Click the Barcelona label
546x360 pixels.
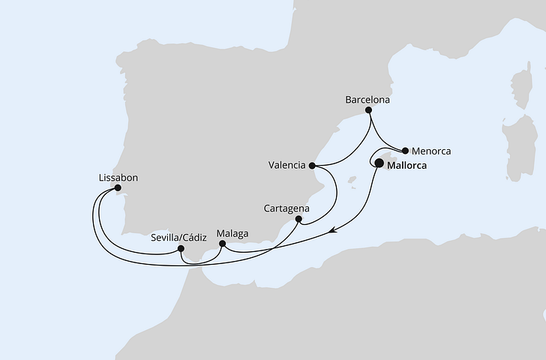pos(367,98)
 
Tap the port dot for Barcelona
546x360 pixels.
pos(368,111)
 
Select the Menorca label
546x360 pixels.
pos(432,151)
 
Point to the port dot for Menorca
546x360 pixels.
pos(406,150)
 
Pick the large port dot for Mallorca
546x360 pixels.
pos(379,163)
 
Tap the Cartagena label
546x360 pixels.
pos(287,208)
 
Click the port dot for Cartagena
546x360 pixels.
pos(298,220)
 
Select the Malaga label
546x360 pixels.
pos(232,233)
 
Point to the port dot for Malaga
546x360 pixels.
pos(222,243)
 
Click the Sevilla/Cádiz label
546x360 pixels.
pos(178,235)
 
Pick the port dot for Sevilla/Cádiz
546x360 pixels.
pos(181,248)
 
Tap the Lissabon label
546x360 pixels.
pos(118,178)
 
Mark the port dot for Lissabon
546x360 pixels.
pos(118,188)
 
